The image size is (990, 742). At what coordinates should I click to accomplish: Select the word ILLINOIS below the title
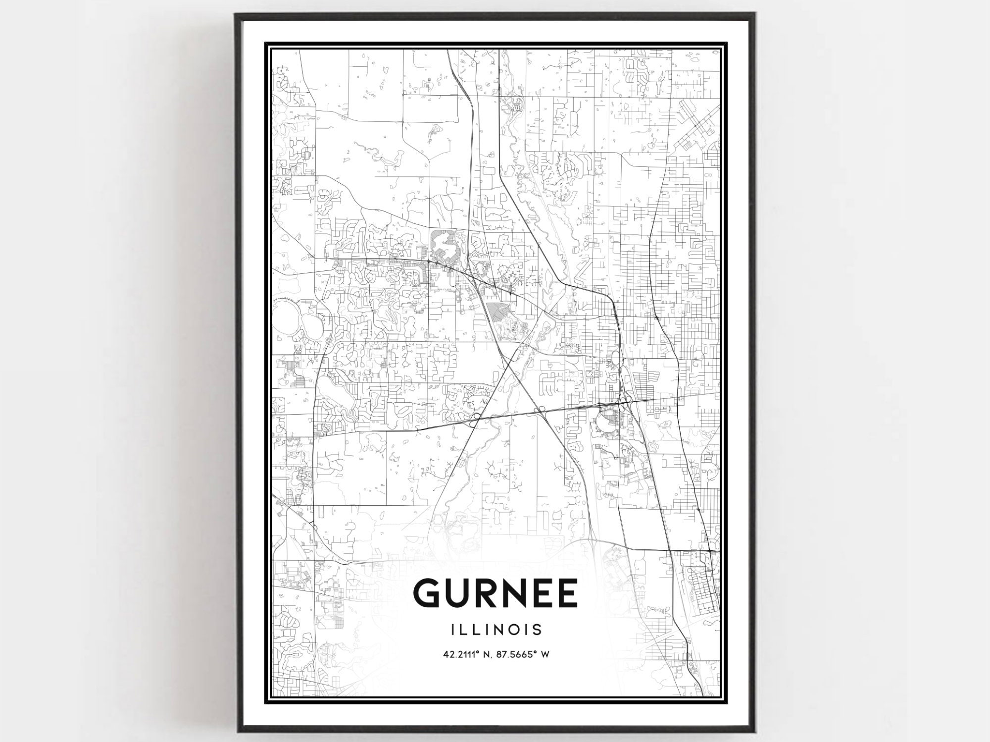pos(496,630)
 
